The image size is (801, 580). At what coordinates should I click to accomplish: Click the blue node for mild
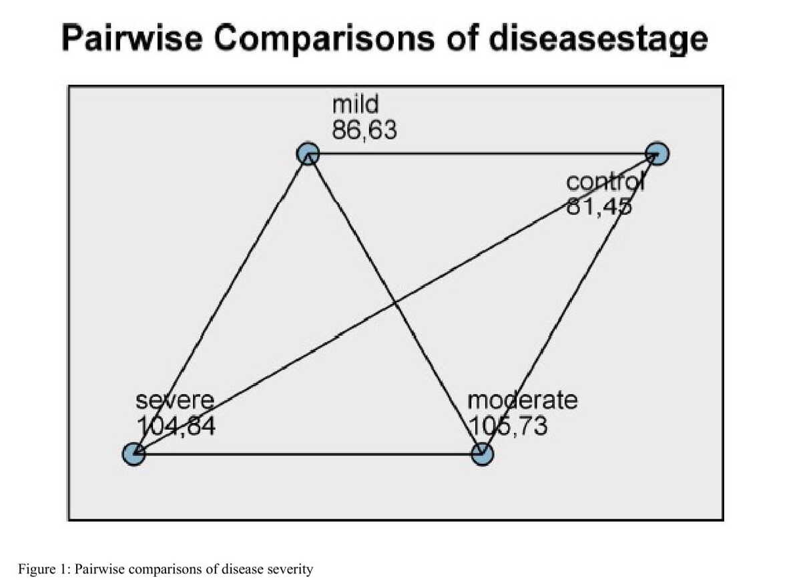(x=308, y=154)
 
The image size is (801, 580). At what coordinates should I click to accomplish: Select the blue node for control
(x=657, y=154)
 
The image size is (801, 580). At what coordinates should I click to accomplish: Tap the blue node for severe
(x=133, y=454)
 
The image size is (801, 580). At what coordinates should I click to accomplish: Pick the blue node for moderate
(x=483, y=454)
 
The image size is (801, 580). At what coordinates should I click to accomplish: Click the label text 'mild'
(x=355, y=104)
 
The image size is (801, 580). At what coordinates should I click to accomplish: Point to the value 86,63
(x=364, y=130)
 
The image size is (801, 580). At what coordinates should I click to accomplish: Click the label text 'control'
(x=605, y=182)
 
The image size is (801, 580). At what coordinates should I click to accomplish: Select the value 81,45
(x=599, y=206)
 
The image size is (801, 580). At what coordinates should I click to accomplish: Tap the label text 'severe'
(x=175, y=401)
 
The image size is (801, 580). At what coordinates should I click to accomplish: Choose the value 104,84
(x=176, y=426)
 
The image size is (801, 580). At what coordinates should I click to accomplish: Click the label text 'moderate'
(x=523, y=400)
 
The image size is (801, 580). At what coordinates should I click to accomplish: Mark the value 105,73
(x=508, y=426)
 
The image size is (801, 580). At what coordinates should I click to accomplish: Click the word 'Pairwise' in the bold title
(x=132, y=38)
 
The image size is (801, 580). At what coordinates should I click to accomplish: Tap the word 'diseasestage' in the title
(x=598, y=39)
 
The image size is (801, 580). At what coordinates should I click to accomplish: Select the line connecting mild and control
(x=483, y=154)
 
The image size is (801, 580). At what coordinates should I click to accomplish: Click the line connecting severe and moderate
(x=308, y=454)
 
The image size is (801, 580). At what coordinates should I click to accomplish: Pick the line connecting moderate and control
(x=569, y=304)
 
